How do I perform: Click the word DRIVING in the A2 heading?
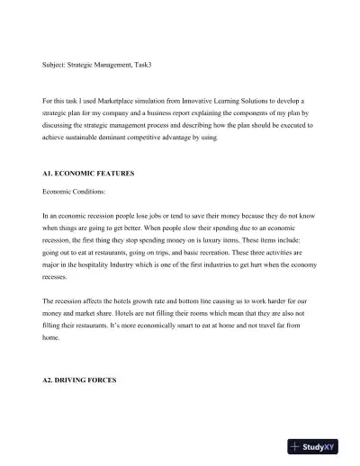click(x=72, y=381)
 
